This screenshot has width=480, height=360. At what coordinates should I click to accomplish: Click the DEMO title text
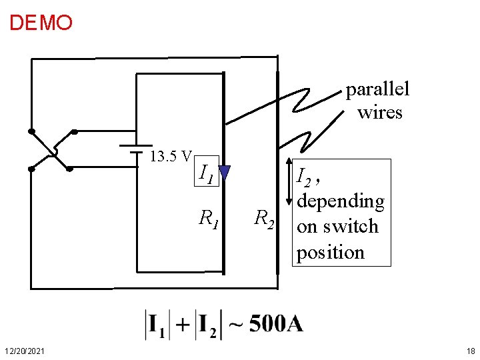(x=41, y=23)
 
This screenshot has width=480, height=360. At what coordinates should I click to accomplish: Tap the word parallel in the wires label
(x=377, y=89)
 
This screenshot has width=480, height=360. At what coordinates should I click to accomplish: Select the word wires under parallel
(x=379, y=112)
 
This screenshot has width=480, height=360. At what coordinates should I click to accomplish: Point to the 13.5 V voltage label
(x=171, y=157)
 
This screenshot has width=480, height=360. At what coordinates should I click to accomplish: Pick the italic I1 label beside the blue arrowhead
(x=206, y=174)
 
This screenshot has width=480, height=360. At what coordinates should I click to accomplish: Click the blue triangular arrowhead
(x=224, y=173)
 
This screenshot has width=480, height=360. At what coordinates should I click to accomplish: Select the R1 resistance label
(x=209, y=217)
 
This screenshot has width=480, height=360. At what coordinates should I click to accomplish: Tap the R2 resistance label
(x=265, y=218)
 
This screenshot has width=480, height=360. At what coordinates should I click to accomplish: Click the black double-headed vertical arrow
(x=287, y=182)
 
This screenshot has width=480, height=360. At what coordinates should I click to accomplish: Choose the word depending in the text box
(x=341, y=201)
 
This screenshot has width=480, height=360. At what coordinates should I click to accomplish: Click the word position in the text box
(x=331, y=253)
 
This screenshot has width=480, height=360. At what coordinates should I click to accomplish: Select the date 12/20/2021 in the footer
(x=25, y=351)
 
